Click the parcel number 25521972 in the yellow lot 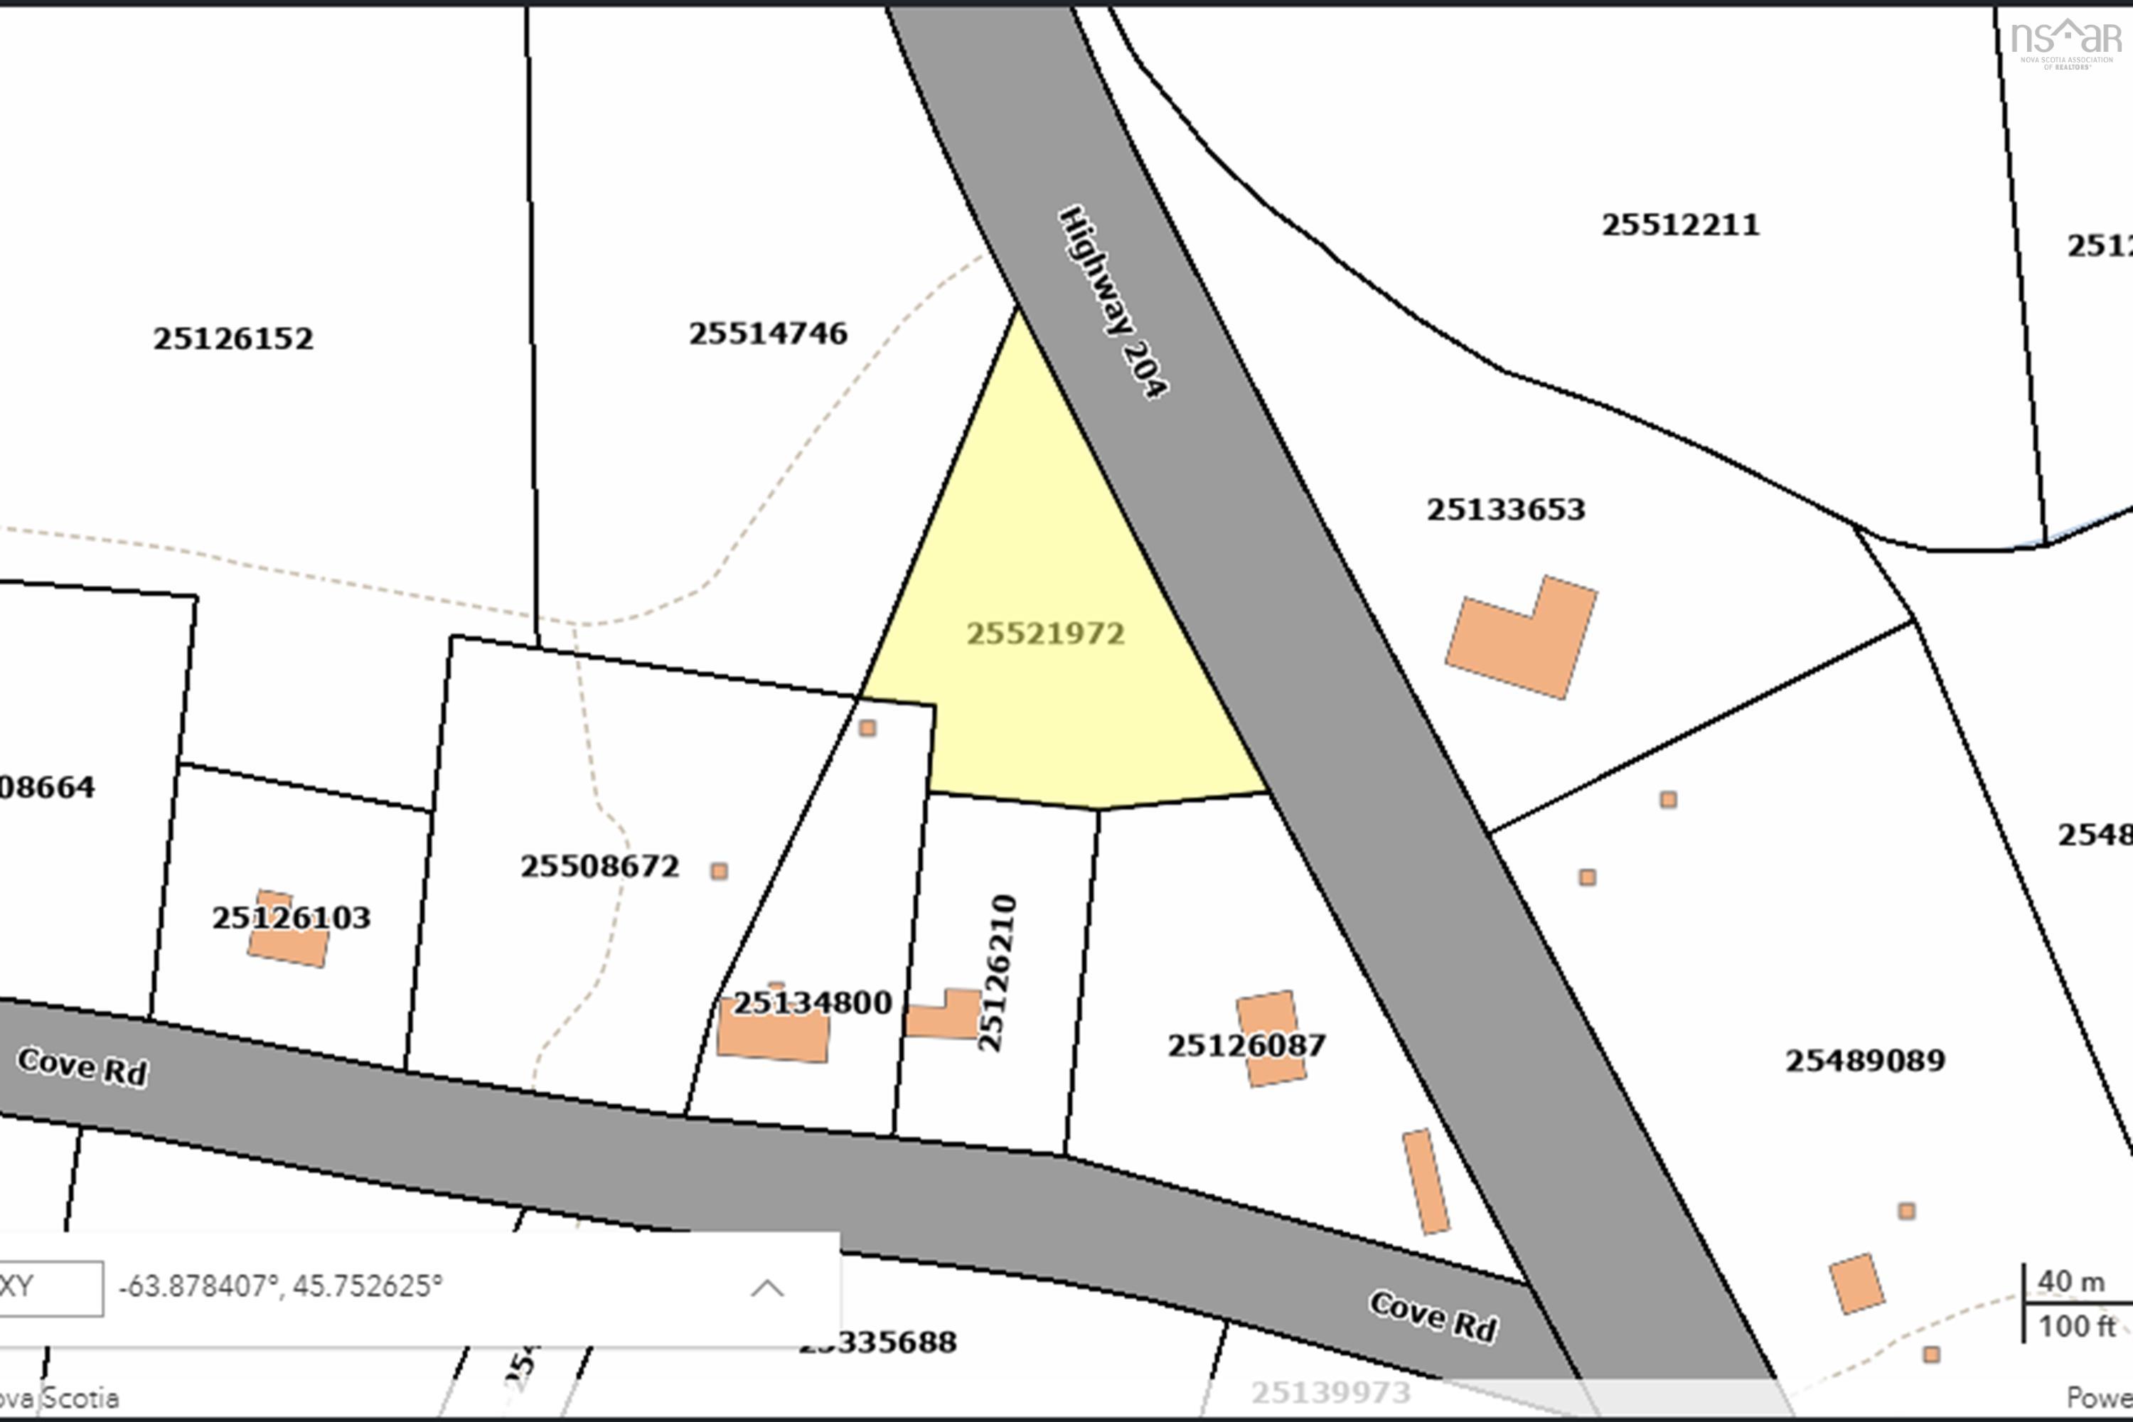pyautogui.click(x=1044, y=633)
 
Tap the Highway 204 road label pyautogui.click(x=1113, y=302)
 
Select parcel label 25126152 pyautogui.click(x=233, y=339)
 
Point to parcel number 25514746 pyautogui.click(x=767, y=333)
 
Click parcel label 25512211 pyautogui.click(x=1679, y=225)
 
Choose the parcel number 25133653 pyautogui.click(x=1505, y=510)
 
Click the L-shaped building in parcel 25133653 pyautogui.click(x=1523, y=638)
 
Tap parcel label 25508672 pyautogui.click(x=599, y=866)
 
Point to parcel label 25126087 pyautogui.click(x=1246, y=1046)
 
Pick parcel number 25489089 pyautogui.click(x=1864, y=1060)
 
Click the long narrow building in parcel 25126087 pyautogui.click(x=1426, y=1182)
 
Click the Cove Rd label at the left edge pyautogui.click(x=82, y=1066)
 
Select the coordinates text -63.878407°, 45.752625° pyautogui.click(x=280, y=1286)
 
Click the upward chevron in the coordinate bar pyautogui.click(x=767, y=1288)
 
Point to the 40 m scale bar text pyautogui.click(x=2070, y=1281)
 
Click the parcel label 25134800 pyautogui.click(x=812, y=1003)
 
